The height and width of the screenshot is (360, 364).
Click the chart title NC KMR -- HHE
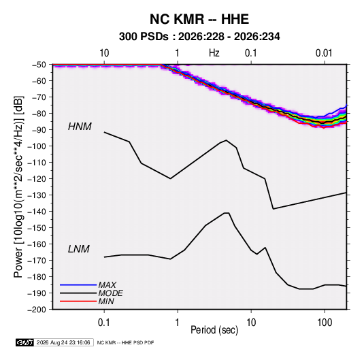click(199, 19)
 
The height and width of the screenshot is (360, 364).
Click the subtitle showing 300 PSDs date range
click(199, 37)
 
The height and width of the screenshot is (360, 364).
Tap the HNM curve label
click(80, 127)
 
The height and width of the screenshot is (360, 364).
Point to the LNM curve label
click(79, 249)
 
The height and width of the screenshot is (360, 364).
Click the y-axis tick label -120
click(38, 179)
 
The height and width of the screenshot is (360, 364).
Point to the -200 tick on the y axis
click(38, 310)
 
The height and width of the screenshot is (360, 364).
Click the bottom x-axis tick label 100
click(325, 323)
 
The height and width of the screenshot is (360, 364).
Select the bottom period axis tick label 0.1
click(104, 323)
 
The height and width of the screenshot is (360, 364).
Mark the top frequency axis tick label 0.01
click(324, 53)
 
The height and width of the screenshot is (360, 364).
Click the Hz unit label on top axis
click(214, 53)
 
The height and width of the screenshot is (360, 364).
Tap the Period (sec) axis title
click(214, 330)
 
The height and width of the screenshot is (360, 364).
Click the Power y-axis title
click(18, 186)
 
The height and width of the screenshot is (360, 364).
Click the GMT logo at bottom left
click(25, 342)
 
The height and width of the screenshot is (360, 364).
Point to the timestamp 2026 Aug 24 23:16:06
click(63, 342)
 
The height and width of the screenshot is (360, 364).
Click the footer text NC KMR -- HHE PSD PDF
click(125, 342)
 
